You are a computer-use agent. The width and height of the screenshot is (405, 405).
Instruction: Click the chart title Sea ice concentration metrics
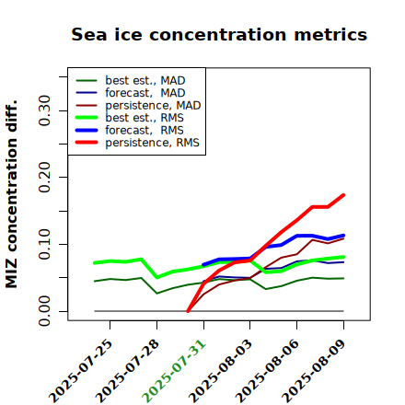coord(219,34)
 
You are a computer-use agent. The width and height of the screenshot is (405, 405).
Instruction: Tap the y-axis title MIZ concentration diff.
coord(11,194)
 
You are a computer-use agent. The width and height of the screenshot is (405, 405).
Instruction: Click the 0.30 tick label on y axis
coord(45,110)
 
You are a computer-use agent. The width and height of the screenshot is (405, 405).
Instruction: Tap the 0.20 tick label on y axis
coord(45,178)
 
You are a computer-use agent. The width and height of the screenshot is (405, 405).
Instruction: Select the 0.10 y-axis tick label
coord(45,244)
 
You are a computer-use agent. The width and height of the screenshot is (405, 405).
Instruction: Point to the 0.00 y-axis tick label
coord(45,311)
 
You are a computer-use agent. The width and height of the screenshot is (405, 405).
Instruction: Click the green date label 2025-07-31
coord(174,371)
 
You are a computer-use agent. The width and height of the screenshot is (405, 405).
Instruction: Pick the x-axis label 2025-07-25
coord(80,371)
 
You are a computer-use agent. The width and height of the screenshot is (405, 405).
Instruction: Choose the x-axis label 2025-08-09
coord(314,371)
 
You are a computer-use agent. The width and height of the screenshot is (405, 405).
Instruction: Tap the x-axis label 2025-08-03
coord(220,371)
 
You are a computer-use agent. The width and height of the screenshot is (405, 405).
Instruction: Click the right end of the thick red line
coord(343,195)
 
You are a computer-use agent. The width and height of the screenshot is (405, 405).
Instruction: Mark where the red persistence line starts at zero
coord(188,311)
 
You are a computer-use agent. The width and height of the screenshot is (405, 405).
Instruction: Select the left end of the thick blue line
coord(203,265)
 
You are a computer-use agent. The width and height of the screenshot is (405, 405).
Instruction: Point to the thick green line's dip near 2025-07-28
coord(157,277)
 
